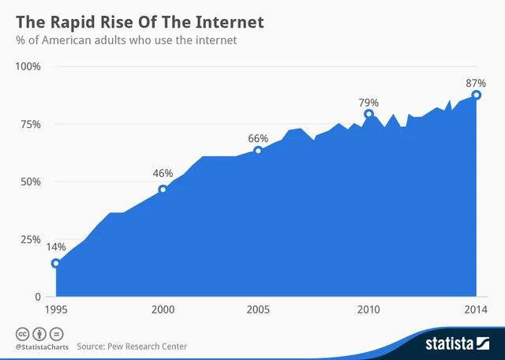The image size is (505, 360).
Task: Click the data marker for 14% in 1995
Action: (x=55, y=264)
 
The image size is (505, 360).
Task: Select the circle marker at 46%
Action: (x=163, y=189)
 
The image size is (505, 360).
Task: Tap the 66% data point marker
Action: (x=258, y=150)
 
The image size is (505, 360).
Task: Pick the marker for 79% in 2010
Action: (x=368, y=114)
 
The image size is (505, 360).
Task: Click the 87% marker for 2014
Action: (x=477, y=95)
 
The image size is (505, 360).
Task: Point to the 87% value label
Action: (x=475, y=82)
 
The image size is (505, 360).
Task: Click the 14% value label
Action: (x=56, y=247)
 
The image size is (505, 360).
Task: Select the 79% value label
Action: (x=368, y=103)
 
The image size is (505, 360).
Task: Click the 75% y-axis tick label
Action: (x=31, y=124)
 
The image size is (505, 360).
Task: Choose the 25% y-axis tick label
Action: (x=31, y=239)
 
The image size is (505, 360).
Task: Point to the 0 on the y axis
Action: (x=37, y=297)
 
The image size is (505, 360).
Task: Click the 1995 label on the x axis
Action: (x=55, y=310)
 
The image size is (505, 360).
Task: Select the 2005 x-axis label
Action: (x=258, y=310)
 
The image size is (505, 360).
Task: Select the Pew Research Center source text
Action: (x=150, y=346)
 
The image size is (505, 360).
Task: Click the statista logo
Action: (x=459, y=343)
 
